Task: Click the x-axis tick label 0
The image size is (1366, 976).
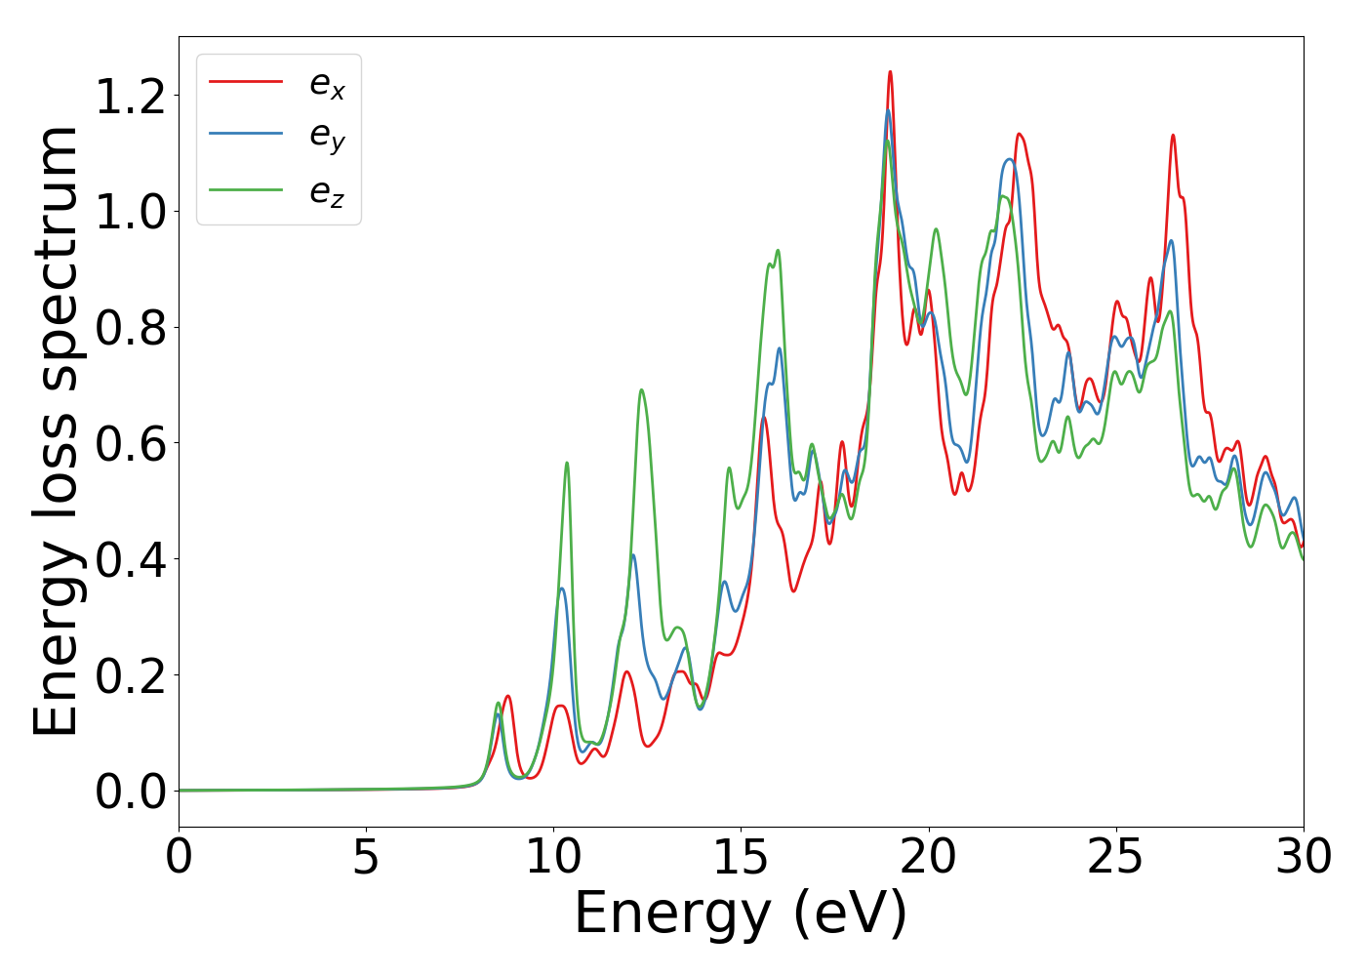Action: tap(179, 858)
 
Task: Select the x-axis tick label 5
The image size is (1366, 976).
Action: tap(366, 858)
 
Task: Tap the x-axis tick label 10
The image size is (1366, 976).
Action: tap(553, 858)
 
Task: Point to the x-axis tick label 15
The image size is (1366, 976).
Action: tap(741, 858)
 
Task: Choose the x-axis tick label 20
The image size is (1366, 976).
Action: tap(928, 858)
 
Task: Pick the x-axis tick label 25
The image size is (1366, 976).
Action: tap(1115, 858)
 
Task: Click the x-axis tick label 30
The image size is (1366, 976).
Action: tap(1303, 858)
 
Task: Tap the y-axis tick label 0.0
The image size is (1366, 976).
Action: tap(131, 792)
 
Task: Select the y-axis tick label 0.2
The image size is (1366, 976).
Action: tap(131, 675)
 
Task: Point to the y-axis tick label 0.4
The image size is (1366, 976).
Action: tap(131, 559)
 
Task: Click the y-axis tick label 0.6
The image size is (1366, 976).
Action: tap(131, 443)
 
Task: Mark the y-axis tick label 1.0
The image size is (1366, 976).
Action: tap(131, 212)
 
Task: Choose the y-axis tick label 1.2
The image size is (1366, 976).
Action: tap(131, 96)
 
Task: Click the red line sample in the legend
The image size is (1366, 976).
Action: tap(246, 81)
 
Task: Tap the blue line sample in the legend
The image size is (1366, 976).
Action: tap(246, 135)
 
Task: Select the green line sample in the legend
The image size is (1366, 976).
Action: tap(246, 188)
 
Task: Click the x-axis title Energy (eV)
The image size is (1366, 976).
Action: tap(741, 915)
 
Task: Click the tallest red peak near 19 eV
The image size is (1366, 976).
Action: tap(890, 72)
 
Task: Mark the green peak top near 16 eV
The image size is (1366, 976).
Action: tap(778, 251)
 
